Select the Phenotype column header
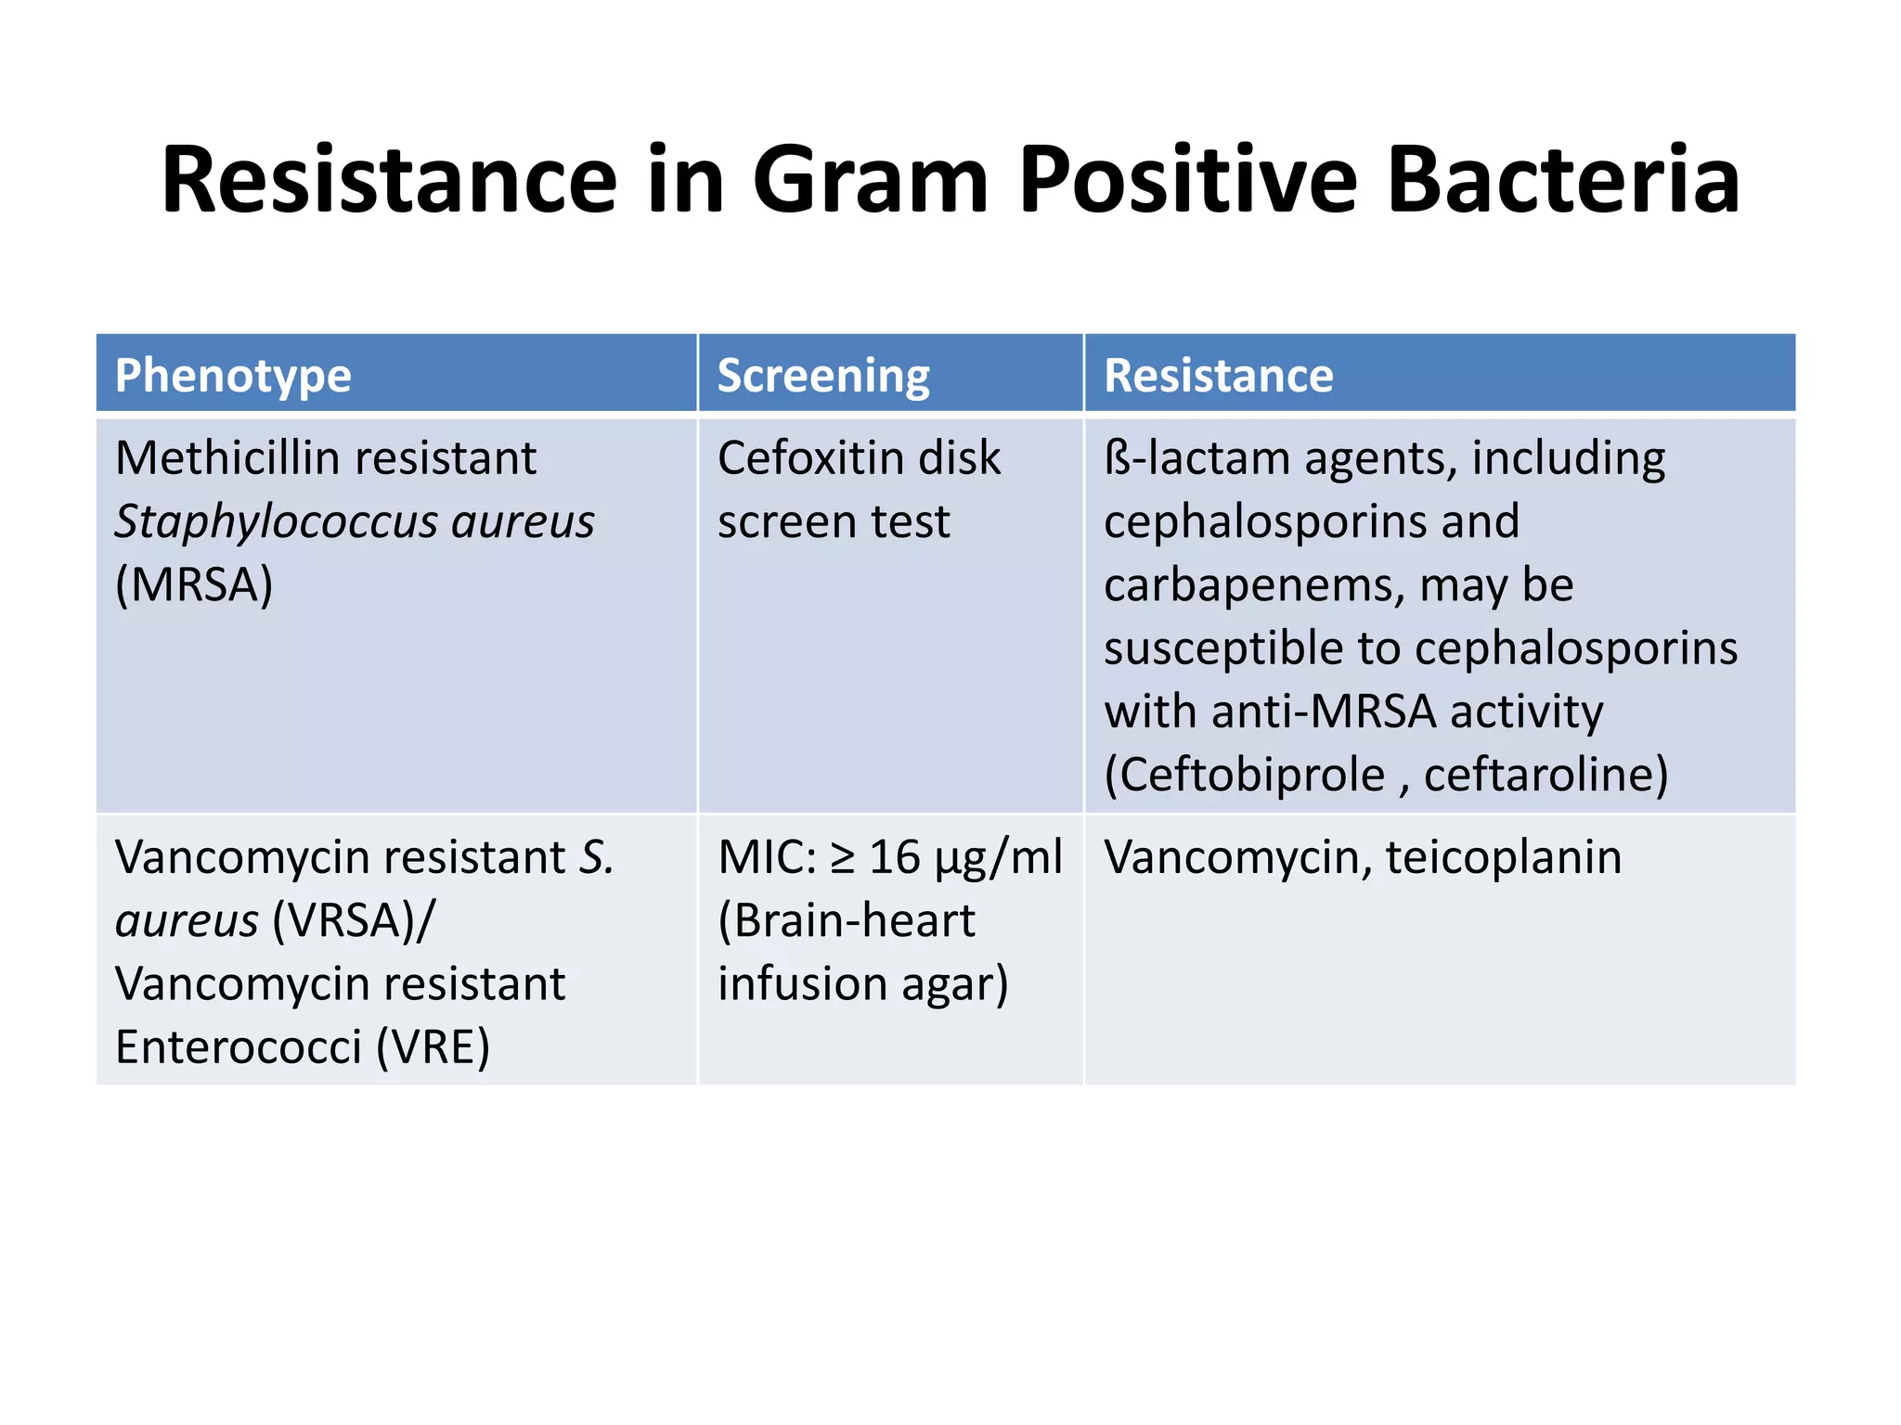233,376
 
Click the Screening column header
822,376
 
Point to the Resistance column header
1218,376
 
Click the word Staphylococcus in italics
276,522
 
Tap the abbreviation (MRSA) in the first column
194,584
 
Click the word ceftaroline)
1545,775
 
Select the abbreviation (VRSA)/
353,920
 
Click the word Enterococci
238,1047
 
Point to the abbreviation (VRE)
433,1047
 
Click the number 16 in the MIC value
894,857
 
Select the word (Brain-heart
846,920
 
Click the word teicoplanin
1503,857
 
